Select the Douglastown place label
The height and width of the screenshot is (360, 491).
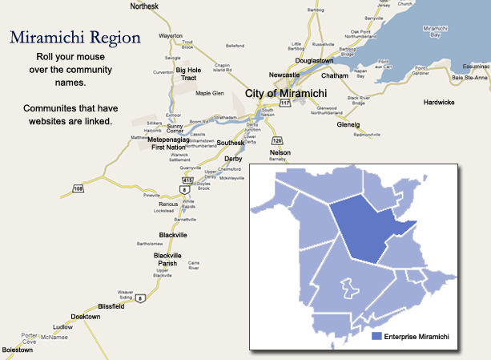coord(314,61)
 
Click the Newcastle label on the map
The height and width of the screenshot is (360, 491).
coord(284,75)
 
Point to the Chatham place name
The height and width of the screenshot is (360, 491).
coord(335,75)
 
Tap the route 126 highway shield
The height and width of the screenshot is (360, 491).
coord(277,140)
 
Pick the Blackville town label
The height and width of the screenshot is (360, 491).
coord(172,235)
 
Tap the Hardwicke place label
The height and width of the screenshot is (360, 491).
coord(439,103)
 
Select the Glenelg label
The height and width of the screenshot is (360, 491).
coord(349,124)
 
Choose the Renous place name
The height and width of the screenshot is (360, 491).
coord(168,204)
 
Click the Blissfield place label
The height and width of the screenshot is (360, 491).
coord(112,305)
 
